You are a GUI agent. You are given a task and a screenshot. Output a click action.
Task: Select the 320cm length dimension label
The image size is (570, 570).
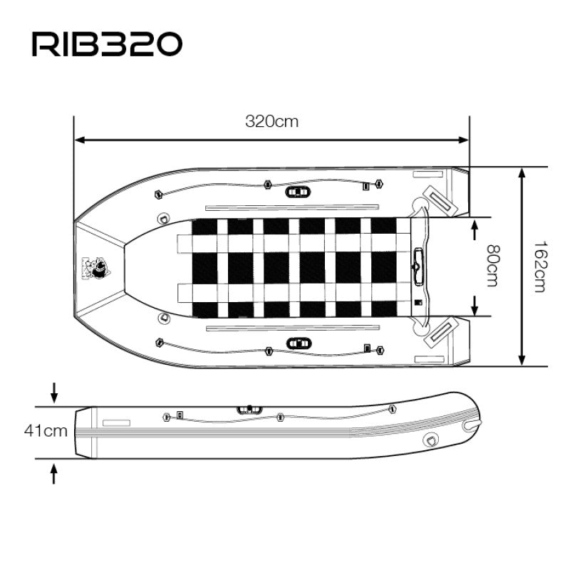271,121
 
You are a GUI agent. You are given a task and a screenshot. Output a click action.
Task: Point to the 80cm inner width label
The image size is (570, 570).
491,266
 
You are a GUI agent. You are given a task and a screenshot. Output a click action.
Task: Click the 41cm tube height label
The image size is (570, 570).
46,430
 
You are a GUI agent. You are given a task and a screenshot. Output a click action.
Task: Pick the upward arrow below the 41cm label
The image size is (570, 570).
54,472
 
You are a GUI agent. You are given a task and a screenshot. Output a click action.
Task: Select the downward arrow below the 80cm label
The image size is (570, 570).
475,306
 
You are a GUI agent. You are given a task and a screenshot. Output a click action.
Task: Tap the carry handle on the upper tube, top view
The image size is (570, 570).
298,192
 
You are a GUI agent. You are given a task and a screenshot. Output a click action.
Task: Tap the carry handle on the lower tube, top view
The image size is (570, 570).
298,343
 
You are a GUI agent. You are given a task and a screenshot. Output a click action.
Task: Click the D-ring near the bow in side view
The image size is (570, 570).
431,440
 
